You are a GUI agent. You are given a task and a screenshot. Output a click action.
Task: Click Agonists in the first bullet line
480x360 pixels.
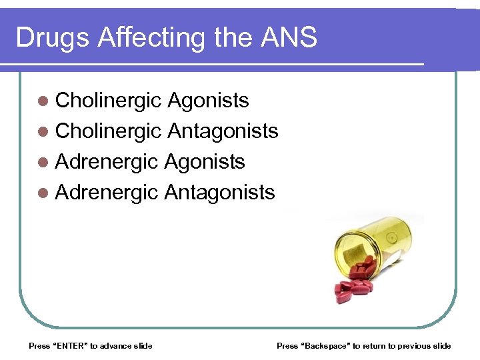[208, 101]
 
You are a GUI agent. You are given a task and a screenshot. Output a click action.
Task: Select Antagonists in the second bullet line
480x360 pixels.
[223, 131]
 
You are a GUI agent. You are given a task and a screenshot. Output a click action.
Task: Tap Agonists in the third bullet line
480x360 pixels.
[205, 162]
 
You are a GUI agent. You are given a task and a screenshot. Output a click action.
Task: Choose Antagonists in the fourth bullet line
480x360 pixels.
[219, 193]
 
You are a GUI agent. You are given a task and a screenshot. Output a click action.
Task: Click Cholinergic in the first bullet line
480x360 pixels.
[109, 101]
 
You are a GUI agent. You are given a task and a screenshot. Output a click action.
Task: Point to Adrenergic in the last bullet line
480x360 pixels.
[107, 193]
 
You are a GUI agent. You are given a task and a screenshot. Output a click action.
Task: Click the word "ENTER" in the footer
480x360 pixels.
[69, 345]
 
